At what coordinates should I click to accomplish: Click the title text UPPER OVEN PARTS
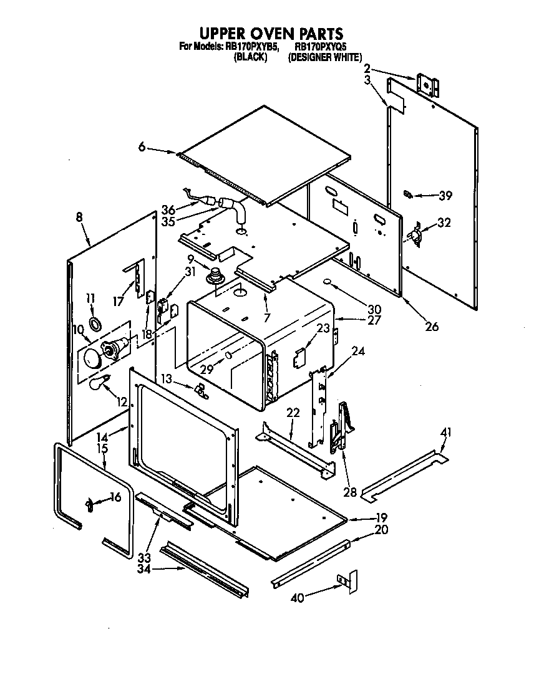[270, 32]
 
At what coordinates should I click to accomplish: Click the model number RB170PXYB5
[243, 47]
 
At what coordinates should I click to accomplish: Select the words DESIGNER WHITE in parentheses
[324, 57]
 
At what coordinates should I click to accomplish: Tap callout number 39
[445, 196]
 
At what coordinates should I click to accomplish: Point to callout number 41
[445, 432]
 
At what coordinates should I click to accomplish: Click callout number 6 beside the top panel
[142, 147]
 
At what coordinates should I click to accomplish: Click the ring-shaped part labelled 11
[95, 323]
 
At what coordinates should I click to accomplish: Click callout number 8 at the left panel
[79, 218]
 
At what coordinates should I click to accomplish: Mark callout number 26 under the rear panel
[432, 326]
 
